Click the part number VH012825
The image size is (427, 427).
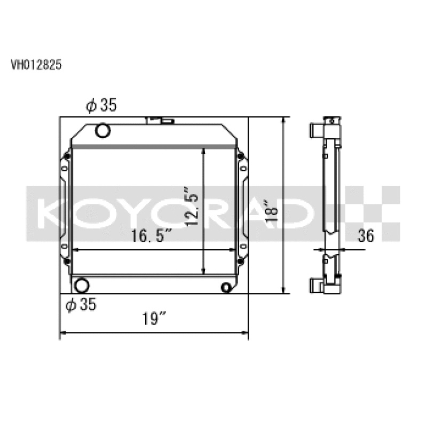(x=36, y=65)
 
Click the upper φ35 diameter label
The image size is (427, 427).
(x=101, y=106)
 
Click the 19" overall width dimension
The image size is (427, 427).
(x=155, y=320)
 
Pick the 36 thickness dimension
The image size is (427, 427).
(x=366, y=235)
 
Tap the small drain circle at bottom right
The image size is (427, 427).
(x=227, y=287)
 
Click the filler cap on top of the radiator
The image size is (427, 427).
(x=160, y=120)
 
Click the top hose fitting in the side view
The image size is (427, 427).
(x=315, y=130)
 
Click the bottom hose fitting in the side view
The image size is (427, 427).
(x=315, y=286)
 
